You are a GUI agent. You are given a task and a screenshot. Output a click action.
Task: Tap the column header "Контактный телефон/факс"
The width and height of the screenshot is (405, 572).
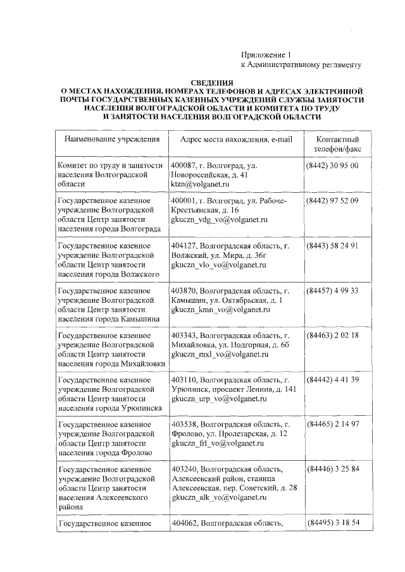pos(333,145)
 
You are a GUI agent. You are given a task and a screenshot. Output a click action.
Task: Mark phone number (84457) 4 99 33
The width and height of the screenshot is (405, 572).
pos(333,291)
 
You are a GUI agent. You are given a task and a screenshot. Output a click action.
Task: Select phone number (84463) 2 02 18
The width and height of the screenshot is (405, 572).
pos(333,336)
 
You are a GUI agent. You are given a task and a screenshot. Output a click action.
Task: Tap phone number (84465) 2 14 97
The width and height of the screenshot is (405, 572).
pos(333,425)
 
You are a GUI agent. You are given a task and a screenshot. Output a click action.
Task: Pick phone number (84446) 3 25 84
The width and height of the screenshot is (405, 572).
pos(333,470)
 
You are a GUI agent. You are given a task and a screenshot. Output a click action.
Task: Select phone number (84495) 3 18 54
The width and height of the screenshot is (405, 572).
pos(333,523)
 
